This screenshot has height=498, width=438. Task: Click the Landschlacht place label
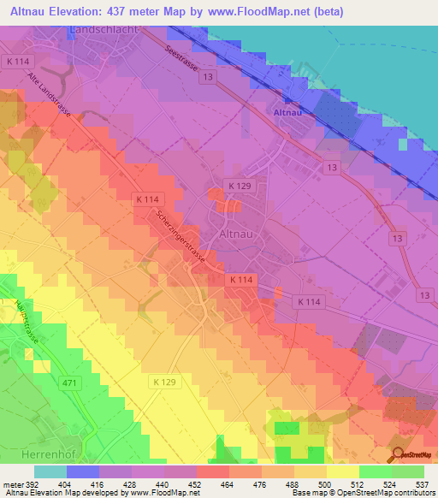pyautogui.click(x=109, y=30)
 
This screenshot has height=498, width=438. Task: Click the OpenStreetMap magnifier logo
pyautogui.click(x=399, y=455)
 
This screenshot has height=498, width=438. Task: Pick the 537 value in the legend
pyautogui.click(x=422, y=483)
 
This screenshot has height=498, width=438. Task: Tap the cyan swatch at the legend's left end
pyautogui.click(x=50, y=471)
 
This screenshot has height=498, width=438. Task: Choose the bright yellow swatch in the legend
pyautogui.click(x=342, y=471)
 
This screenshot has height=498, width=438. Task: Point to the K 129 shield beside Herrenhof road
pyautogui.click(x=165, y=381)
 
